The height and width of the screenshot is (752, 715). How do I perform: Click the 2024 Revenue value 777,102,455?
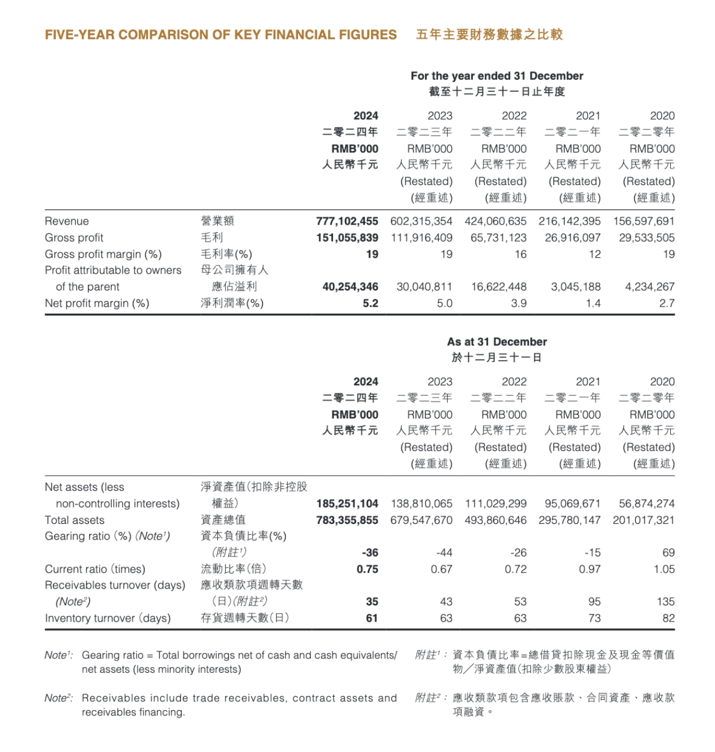[x=347, y=221]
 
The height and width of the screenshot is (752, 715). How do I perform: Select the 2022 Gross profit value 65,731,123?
[x=495, y=237]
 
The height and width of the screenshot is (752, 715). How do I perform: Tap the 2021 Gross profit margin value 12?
[x=594, y=254]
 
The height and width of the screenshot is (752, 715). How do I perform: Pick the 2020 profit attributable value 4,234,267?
[x=650, y=287]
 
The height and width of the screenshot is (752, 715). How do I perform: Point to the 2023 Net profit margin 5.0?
[x=444, y=303]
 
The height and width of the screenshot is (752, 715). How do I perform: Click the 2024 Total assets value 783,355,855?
[x=347, y=520]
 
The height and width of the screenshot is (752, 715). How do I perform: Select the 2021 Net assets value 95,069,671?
[x=572, y=503]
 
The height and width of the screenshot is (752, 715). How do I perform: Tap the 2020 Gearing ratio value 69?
[x=668, y=552]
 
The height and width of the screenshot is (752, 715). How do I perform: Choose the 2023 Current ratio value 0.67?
[x=441, y=569]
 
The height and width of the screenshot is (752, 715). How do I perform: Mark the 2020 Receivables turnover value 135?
[x=666, y=601]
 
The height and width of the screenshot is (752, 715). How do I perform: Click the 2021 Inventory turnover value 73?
[x=594, y=618]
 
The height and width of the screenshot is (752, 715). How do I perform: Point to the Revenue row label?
[x=67, y=221]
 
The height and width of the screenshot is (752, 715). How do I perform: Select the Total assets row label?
[x=75, y=520]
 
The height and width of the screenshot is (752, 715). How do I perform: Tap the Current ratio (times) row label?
[x=95, y=569]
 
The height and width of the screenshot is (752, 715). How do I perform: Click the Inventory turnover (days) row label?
[x=108, y=618]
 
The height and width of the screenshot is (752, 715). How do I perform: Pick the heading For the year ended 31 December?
[x=497, y=76]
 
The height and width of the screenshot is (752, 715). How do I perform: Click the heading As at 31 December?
[x=497, y=342]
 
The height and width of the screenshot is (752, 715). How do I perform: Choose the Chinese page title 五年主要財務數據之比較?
[x=489, y=35]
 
